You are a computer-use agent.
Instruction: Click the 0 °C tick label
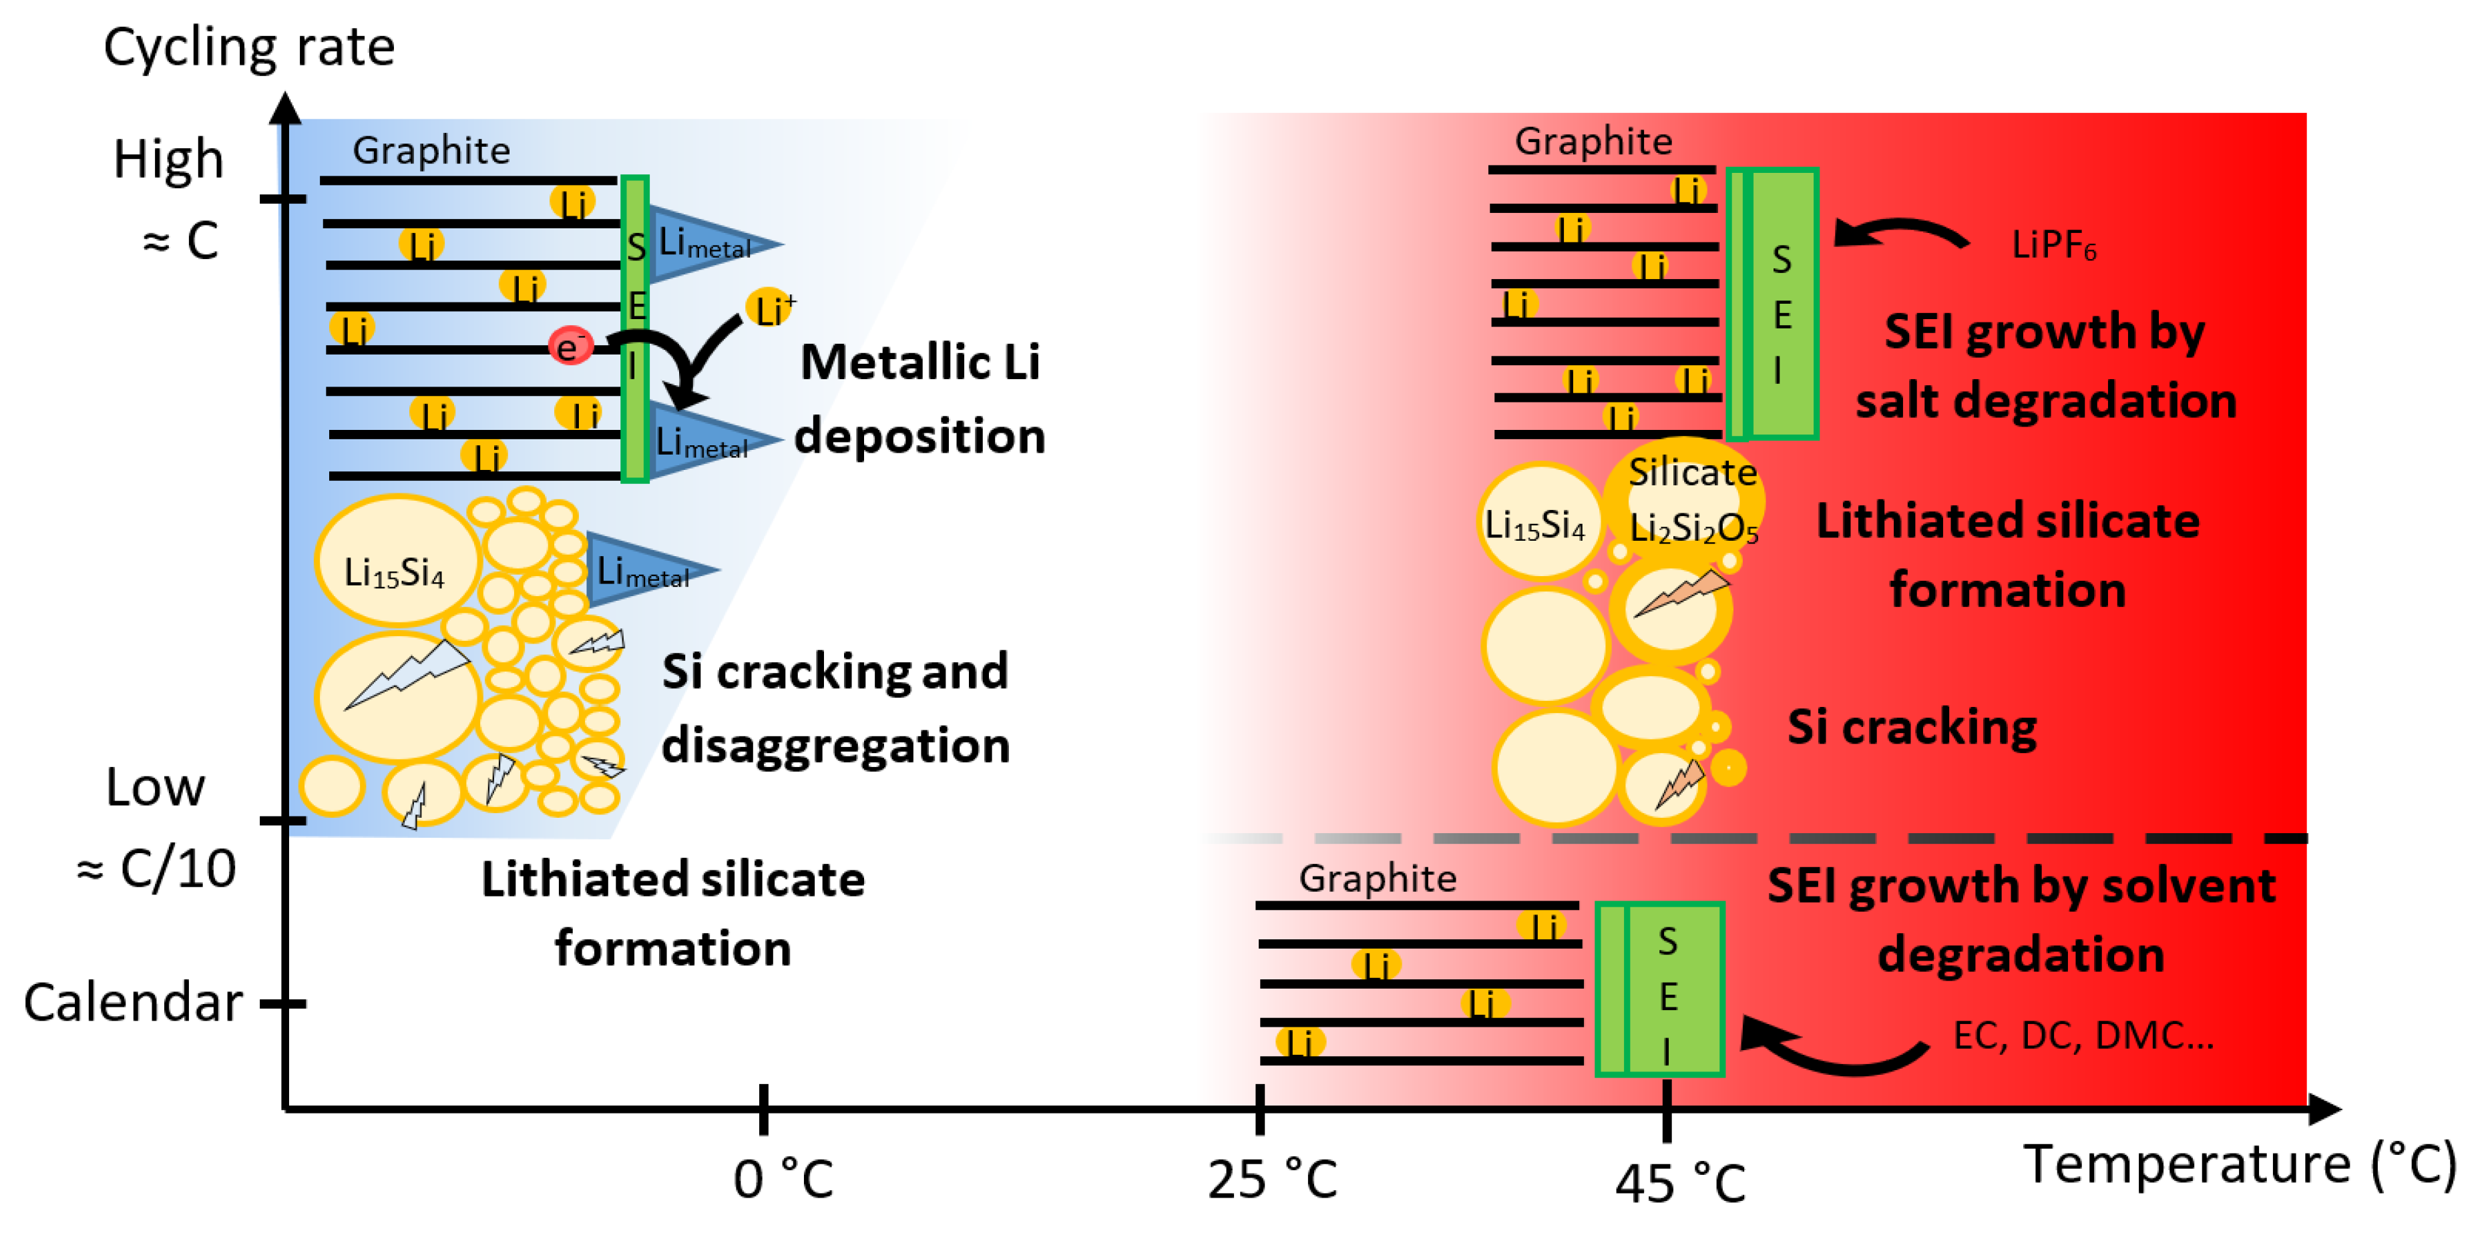pos(782,1179)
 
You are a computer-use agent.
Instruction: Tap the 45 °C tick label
pos(1679,1183)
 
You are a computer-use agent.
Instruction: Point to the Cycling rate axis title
pos(248,46)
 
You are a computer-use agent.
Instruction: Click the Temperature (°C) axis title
pos(2240,1164)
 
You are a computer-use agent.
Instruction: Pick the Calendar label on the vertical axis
pos(133,1002)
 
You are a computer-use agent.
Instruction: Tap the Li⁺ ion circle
pos(769,308)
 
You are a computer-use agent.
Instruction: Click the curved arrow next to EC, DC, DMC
pos(1832,1048)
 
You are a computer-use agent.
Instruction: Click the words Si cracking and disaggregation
pos(835,708)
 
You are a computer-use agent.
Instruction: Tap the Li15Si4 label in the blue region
pos(395,573)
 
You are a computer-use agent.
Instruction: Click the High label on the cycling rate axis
pos(168,160)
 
